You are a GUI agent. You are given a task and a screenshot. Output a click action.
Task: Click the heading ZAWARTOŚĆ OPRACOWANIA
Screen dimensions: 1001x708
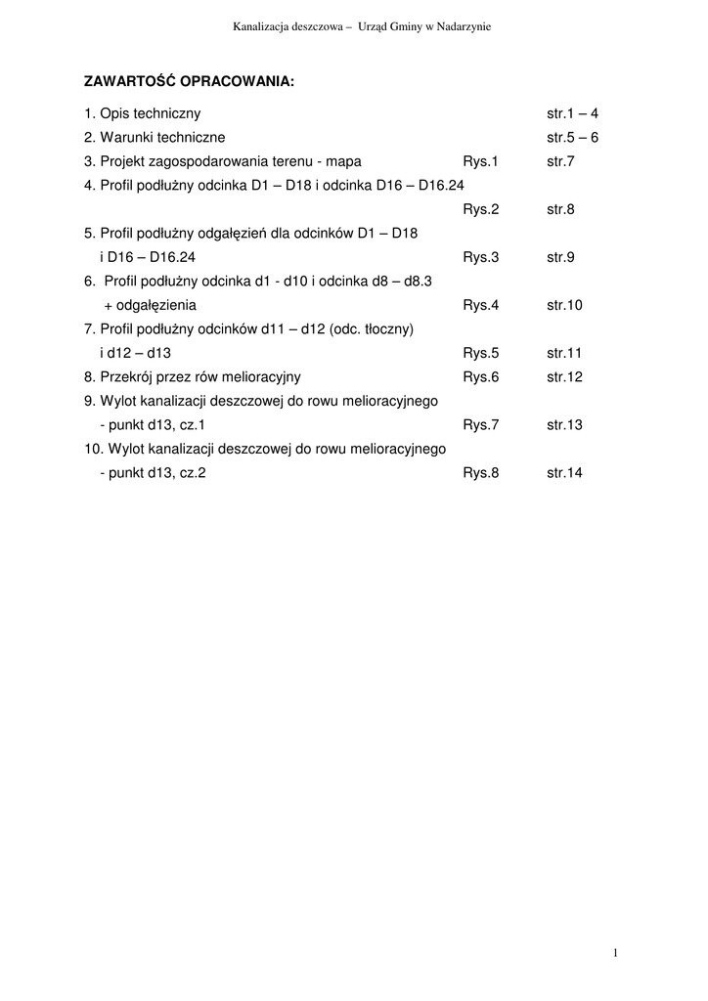[189, 81]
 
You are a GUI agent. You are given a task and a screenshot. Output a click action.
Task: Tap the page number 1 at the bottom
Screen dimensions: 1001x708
[615, 953]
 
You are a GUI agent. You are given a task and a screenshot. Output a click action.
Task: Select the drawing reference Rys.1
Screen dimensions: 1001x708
[481, 161]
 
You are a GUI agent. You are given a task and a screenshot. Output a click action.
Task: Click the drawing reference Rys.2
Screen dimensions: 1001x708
[481, 209]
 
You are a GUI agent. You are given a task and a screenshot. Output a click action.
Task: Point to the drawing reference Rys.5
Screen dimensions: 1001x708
[481, 353]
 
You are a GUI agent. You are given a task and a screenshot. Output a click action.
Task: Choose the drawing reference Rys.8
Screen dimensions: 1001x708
[481, 473]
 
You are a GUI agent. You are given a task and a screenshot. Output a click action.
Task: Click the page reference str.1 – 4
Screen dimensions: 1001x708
[572, 113]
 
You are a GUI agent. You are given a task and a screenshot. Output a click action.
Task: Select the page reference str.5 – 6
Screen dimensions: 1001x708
[572, 138]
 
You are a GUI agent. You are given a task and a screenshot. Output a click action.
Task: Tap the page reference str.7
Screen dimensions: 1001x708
[560, 161]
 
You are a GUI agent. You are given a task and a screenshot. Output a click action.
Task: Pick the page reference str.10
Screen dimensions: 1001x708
[564, 305]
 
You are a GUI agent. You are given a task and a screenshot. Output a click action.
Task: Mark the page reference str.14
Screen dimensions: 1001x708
[564, 473]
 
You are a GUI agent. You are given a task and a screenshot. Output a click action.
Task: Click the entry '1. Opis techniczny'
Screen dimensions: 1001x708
[143, 113]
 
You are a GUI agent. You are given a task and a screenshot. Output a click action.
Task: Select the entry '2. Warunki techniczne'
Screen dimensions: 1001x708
[155, 138]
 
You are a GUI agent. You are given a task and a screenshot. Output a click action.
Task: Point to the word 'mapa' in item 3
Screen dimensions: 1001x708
[344, 161]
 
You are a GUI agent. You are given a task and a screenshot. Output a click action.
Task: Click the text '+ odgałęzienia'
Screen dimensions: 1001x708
[150, 305]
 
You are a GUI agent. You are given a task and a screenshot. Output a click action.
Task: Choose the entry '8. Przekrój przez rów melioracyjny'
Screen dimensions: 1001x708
[193, 377]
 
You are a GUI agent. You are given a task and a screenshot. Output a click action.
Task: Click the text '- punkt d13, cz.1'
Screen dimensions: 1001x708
[153, 425]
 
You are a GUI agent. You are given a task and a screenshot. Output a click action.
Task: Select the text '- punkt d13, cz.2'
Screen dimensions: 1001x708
[153, 473]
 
